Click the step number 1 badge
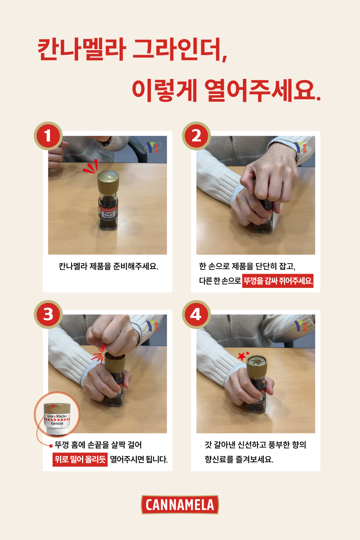click(x=48, y=136)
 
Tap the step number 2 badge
click(x=196, y=136)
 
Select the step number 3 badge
click(x=48, y=314)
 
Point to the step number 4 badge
click(x=196, y=314)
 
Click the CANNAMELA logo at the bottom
click(x=180, y=505)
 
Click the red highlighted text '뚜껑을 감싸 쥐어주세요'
click(x=278, y=281)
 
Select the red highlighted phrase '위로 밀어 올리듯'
click(x=80, y=459)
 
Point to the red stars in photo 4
click(x=243, y=355)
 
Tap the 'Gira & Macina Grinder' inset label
click(x=57, y=420)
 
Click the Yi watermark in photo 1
click(x=153, y=147)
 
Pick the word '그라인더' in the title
click(x=180, y=49)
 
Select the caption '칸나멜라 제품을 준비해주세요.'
click(x=108, y=266)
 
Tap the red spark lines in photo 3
click(x=99, y=354)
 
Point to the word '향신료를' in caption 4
click(x=219, y=459)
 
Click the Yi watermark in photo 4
click(x=301, y=326)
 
